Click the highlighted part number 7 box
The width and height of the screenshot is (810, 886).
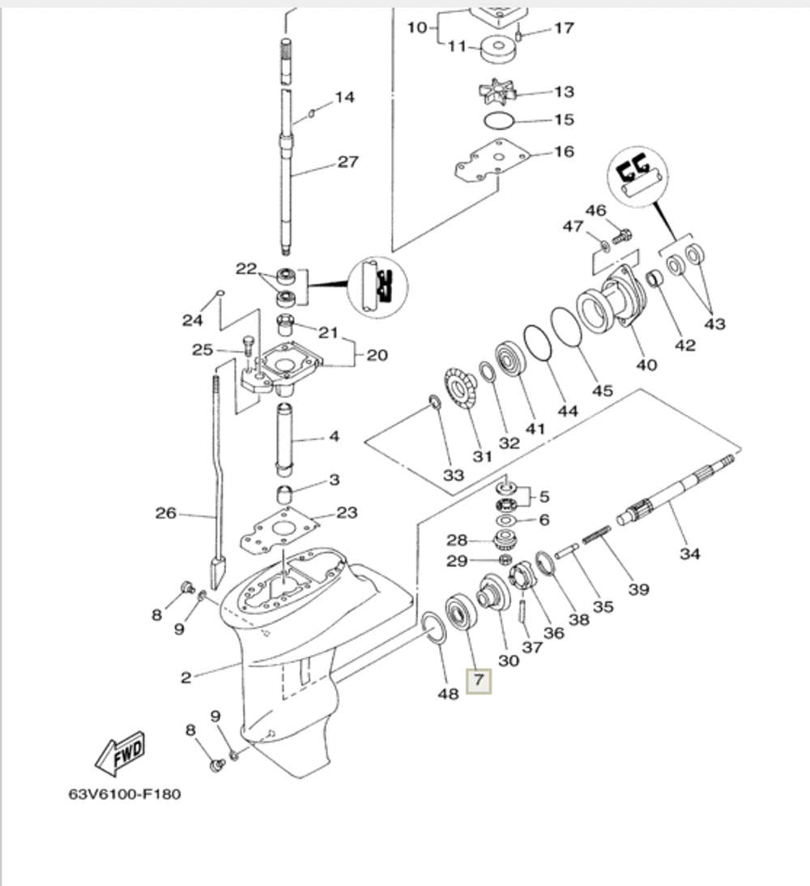pos(479,680)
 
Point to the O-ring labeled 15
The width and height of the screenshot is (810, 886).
pos(497,121)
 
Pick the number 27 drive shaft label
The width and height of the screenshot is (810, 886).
pos(347,161)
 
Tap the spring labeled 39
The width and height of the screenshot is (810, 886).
pos(598,539)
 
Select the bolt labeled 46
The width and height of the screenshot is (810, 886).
pos(621,236)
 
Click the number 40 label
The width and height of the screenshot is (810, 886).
pos(646,365)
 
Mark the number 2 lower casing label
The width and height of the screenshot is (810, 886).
pos(186,678)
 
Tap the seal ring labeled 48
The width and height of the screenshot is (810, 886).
pos(433,629)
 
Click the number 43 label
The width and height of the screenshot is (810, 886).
pos(714,323)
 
